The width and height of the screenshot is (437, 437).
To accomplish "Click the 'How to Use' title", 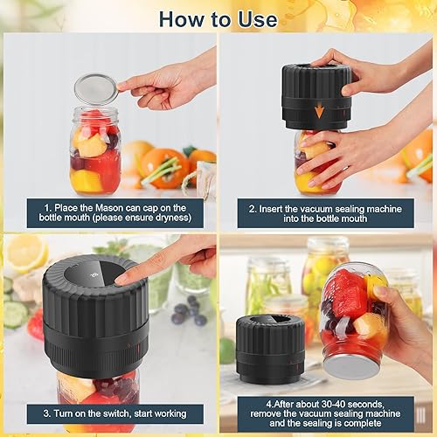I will point(218,17).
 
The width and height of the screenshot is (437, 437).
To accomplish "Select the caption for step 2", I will point(325,212).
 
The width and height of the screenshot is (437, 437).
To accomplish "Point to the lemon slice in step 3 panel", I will point(26,253).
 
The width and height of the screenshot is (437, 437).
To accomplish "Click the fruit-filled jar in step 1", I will point(95,153).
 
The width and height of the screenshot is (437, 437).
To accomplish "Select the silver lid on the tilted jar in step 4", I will point(348,364).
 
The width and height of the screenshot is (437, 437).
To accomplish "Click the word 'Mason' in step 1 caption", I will point(110,206).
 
